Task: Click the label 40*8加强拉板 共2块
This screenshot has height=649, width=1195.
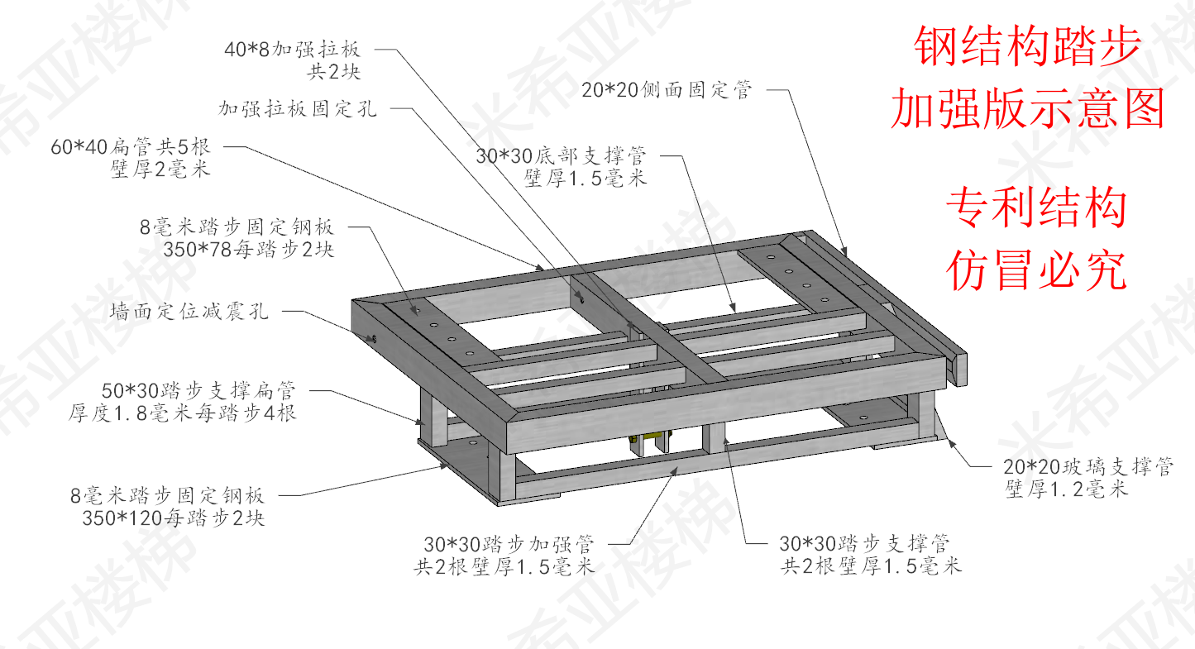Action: [293, 60]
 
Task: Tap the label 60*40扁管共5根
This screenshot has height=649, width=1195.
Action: [131, 148]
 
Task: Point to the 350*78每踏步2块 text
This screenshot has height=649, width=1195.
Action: [249, 250]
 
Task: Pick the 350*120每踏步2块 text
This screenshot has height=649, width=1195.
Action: [174, 518]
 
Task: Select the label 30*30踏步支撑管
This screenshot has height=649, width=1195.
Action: [864, 543]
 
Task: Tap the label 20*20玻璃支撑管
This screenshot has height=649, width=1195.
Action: [1088, 466]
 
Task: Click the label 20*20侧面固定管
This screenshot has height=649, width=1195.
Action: [667, 91]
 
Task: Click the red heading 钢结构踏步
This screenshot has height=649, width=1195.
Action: [1027, 48]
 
